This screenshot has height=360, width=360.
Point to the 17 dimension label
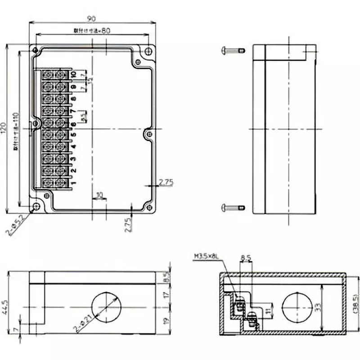tap(166, 296)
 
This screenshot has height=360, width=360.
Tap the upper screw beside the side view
tap(233, 50)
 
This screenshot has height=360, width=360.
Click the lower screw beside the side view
tap(233, 207)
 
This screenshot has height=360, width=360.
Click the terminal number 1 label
tap(73, 183)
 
